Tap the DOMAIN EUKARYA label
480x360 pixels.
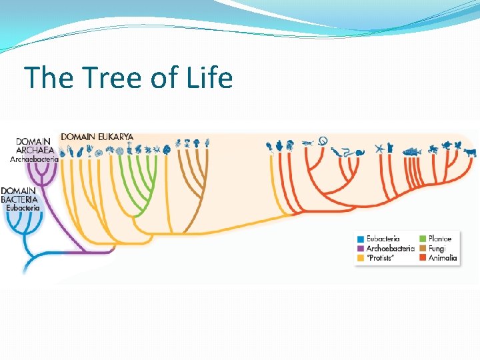tap(97, 136)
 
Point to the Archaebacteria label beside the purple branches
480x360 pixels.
tap(35, 159)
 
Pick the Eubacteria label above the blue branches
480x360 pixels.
tap(23, 207)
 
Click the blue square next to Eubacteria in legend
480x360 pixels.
tap(361, 239)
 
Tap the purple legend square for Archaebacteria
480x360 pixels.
tap(361, 248)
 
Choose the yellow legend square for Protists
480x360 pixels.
tap(361, 257)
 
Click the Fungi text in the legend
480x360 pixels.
tap(437, 248)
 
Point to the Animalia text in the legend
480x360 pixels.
tap(443, 257)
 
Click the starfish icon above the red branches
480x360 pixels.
tap(379, 148)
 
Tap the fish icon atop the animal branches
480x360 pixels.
tap(412, 151)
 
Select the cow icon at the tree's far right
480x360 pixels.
tap(470, 151)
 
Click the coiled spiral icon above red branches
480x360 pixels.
tap(323, 140)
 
